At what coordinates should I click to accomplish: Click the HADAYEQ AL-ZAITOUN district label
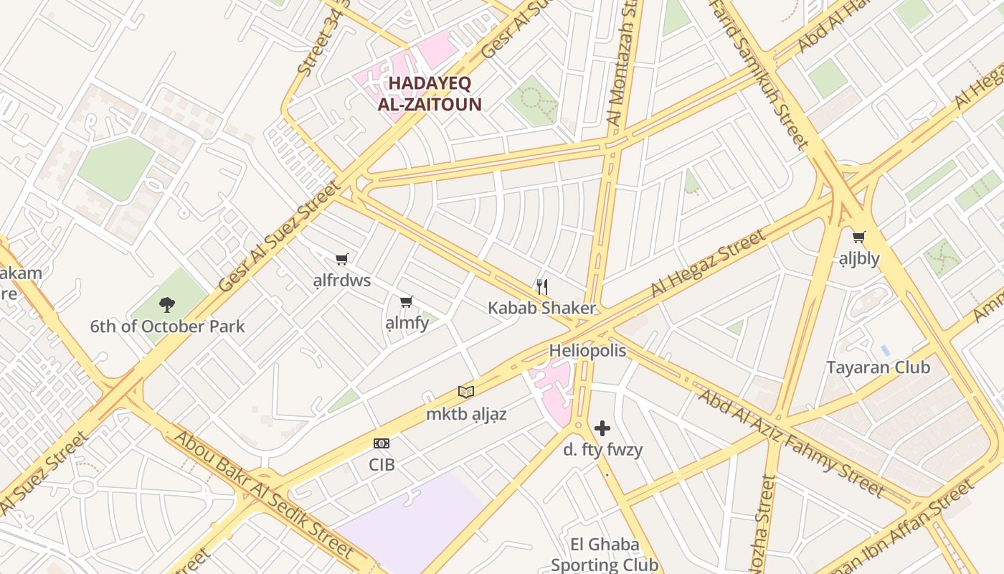point(430,94)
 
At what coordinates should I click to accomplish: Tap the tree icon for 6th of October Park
point(167,304)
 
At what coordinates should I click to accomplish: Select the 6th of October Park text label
point(167,326)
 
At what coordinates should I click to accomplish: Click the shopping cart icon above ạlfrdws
point(342,259)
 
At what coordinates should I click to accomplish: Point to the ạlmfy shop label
point(407,323)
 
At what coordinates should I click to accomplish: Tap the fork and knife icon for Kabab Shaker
point(542,287)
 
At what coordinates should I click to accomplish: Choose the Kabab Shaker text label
point(542,309)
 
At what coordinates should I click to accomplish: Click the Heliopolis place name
point(587,351)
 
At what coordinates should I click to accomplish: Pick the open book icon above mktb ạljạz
point(466,392)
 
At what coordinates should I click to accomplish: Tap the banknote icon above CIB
point(382,443)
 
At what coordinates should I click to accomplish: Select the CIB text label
point(382,464)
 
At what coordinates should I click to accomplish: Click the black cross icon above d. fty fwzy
point(602,428)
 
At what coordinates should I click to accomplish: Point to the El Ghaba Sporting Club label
point(605,555)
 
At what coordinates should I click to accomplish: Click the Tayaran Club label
point(878,367)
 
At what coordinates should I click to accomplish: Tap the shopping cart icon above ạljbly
point(858,237)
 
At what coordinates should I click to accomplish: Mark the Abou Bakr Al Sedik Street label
point(264,494)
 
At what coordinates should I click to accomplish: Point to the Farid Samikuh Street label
point(761,72)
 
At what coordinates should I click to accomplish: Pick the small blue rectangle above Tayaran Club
point(885,350)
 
